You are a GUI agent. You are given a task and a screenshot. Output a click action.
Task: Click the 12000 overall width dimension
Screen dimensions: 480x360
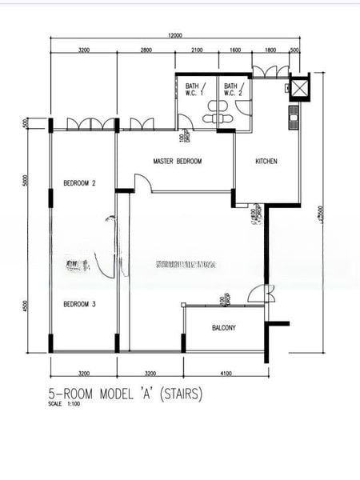coord(175,35)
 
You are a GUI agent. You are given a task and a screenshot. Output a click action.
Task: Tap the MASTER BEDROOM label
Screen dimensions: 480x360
coord(178,162)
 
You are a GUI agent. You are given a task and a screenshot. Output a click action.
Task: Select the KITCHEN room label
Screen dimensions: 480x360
coord(266,162)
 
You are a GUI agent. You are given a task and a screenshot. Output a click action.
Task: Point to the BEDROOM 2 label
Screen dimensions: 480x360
coord(79,183)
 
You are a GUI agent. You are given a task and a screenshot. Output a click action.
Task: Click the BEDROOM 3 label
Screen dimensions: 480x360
coord(79,304)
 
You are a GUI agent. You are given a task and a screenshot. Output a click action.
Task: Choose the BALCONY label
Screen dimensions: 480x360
coord(224,329)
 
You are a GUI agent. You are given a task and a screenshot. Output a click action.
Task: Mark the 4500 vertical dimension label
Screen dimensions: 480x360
coord(26,307)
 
